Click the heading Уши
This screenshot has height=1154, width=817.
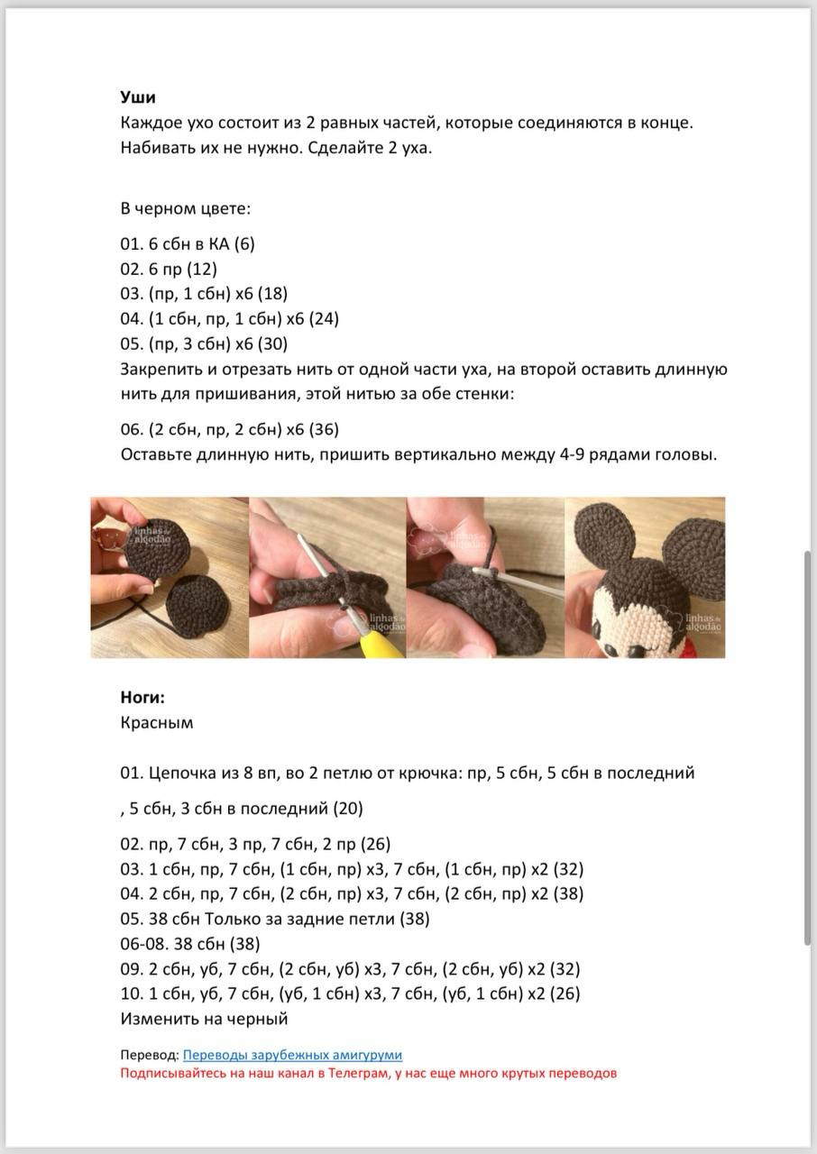(138, 97)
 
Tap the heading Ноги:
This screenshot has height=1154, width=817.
(142, 697)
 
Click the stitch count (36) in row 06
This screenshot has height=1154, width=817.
(324, 429)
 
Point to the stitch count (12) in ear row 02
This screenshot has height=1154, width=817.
(202, 269)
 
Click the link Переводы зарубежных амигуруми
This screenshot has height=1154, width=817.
(292, 1055)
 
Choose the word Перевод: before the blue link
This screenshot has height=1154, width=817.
(149, 1055)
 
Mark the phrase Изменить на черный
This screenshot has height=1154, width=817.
(204, 1019)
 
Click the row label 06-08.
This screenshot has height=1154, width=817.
(140, 944)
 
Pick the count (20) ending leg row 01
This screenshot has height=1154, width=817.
(348, 809)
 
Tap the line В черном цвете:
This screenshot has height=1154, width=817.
(186, 208)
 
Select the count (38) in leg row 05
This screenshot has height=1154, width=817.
(413, 919)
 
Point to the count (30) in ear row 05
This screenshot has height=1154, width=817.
(273, 343)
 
